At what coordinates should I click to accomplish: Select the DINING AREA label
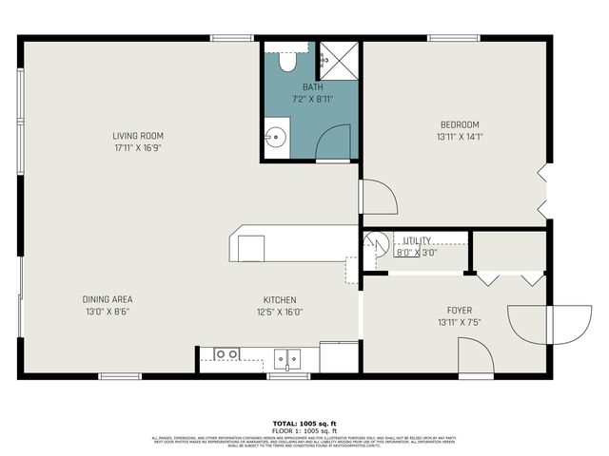tap(107, 299)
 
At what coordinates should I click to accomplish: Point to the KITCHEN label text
tap(280, 299)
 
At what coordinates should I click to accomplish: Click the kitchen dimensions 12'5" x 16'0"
tap(280, 312)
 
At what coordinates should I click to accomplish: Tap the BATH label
tap(313, 86)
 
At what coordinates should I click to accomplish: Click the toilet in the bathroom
tap(287, 60)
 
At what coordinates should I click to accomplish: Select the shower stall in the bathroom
tap(337, 59)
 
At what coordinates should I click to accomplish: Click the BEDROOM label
tap(459, 124)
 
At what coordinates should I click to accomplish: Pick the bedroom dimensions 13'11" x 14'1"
tap(459, 137)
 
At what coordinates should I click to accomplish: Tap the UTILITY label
tap(417, 240)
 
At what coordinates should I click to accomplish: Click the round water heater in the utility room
tap(376, 244)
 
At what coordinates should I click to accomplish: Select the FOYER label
tap(460, 311)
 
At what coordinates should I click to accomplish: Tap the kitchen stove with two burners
tap(226, 354)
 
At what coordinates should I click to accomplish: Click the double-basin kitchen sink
tap(286, 358)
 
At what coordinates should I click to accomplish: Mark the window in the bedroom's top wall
tap(453, 38)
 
